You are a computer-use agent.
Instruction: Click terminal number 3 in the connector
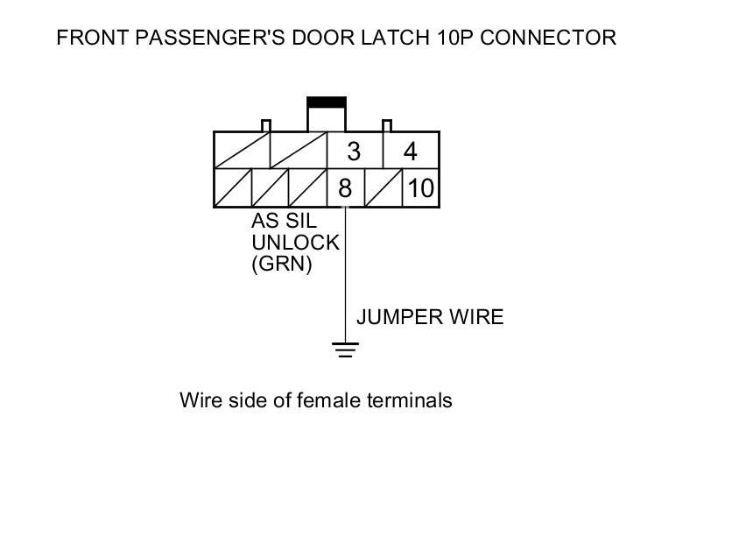point(353,152)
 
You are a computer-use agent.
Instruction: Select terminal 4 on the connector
point(410,152)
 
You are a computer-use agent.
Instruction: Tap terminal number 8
point(344,188)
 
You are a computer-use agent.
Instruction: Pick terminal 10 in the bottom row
point(420,188)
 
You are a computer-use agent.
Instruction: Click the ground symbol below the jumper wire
point(346,350)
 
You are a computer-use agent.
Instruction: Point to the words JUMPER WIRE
point(430,317)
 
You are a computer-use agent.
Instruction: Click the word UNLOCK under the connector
point(295,243)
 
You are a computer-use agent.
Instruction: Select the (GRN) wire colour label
point(282,264)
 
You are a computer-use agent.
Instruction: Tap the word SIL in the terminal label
point(300,222)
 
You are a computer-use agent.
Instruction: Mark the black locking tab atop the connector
point(326,102)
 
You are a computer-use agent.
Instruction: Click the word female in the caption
point(328,400)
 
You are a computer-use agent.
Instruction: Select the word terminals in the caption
point(409,400)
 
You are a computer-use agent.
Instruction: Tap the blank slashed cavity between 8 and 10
point(383,188)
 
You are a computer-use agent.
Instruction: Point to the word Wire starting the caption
point(200,400)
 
